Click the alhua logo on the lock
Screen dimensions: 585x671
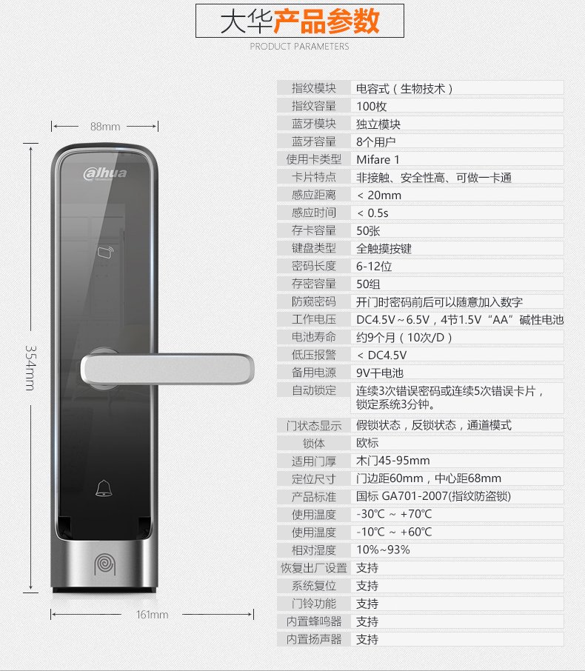[x=105, y=173]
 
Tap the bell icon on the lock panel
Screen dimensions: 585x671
[x=104, y=489]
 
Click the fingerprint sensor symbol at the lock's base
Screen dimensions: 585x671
[x=105, y=564]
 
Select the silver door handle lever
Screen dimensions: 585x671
[x=167, y=368]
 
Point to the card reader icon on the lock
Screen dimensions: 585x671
[x=105, y=252]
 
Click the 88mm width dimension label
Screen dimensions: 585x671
[x=105, y=127]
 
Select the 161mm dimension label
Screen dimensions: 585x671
[x=152, y=615]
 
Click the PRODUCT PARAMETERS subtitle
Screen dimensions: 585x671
[x=299, y=46]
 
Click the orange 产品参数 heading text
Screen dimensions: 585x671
[x=326, y=21]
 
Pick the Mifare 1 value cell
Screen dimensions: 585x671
[x=378, y=160]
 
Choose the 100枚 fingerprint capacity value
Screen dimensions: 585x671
[x=372, y=106]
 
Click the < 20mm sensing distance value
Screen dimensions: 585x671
[x=379, y=195]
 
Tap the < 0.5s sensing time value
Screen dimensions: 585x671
[x=372, y=213]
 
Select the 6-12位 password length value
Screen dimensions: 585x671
[x=374, y=266]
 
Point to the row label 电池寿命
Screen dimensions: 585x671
[x=314, y=337]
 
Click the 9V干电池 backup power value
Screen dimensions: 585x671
[x=380, y=373]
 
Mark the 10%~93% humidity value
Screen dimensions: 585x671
[x=383, y=550]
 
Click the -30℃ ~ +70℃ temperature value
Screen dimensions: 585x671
[x=394, y=514]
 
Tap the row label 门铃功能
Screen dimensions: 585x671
[x=314, y=604]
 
